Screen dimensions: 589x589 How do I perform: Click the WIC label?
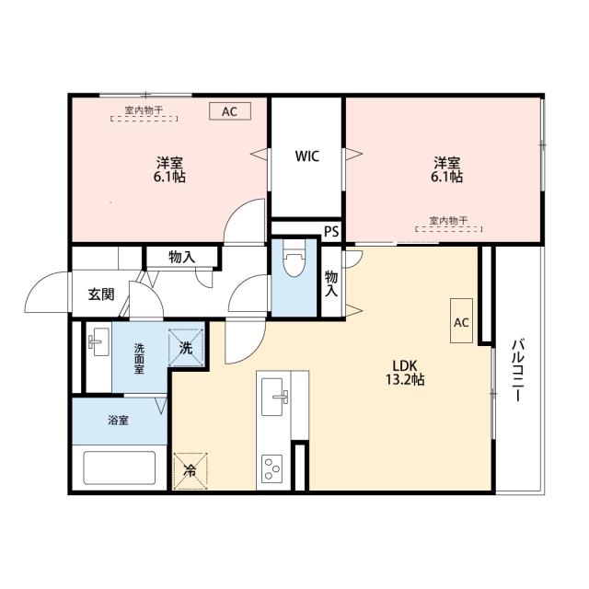pos(307,156)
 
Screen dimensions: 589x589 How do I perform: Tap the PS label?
pos(331,231)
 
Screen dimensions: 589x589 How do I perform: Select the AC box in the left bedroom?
pos(230,111)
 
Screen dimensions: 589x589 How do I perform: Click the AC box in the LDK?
pos(461,321)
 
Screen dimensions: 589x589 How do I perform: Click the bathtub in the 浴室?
pos(120,468)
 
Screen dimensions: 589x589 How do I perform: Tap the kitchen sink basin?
pos(272,397)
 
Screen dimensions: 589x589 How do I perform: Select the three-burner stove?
pos(271,467)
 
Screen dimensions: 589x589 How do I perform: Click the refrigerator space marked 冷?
pos(191,470)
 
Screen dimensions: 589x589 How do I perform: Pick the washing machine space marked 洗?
pos(186,347)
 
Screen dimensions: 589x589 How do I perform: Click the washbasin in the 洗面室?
pos(98,341)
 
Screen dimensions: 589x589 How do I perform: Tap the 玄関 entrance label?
pos(101,294)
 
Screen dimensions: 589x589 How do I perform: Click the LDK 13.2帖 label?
pos(405,372)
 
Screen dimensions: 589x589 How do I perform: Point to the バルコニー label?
pos(519,370)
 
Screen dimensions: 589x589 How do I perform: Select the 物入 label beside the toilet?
pos(331,283)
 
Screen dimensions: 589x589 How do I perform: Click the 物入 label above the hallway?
pos(182,258)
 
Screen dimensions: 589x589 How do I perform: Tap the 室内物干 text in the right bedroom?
pos(448,221)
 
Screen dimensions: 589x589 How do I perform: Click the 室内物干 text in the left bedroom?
pos(144,110)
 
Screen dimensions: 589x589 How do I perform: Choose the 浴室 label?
pos(119,421)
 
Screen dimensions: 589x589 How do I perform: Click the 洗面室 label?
pos(139,359)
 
